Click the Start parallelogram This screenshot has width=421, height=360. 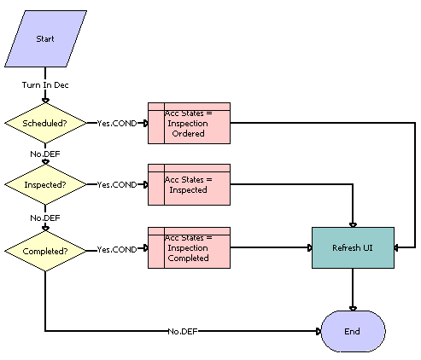tap(45, 39)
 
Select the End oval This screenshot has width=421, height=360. tap(352, 330)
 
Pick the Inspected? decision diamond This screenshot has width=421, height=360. tap(45, 183)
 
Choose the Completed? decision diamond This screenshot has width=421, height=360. tap(45, 250)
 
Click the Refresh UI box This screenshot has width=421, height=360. tap(352, 247)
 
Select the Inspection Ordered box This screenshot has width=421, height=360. tap(189, 123)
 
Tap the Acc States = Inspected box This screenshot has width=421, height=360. tap(189, 184)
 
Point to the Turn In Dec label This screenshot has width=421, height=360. tap(45, 86)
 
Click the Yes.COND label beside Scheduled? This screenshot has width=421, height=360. tap(117, 123)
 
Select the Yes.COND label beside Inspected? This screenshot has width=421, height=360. tap(117, 184)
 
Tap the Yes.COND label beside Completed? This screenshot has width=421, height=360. tap(117, 250)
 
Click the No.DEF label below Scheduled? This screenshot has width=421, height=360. tap(45, 154)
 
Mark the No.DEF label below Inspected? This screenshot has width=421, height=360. tap(45, 218)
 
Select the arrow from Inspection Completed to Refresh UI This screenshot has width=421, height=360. tap(272, 248)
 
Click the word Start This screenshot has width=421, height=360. tap(45, 39)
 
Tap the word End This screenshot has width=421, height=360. tap(352, 330)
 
